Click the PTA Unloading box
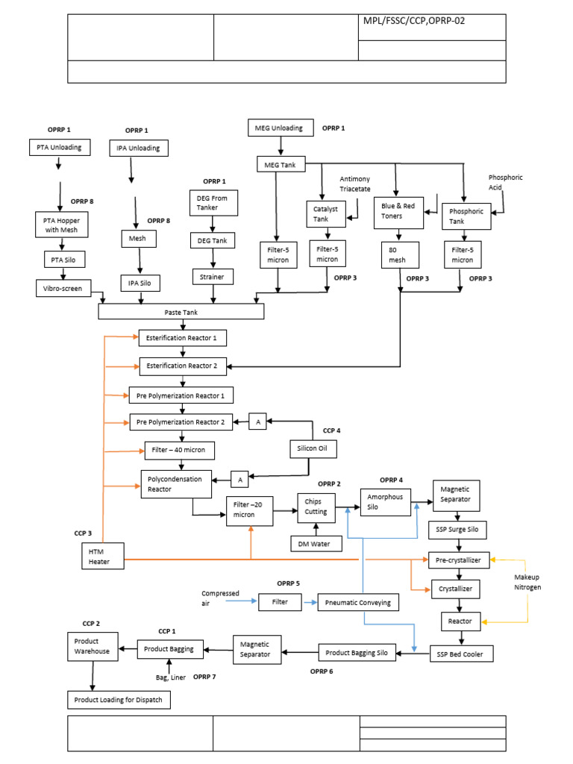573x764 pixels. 60,147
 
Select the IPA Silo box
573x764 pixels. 140,283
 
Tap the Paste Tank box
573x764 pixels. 181,312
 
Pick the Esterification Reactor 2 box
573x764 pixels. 183,366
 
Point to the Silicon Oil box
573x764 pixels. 313,449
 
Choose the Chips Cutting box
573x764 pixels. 316,507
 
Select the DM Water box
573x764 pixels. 316,543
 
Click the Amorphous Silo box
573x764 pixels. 385,502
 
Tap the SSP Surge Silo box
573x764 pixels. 457,530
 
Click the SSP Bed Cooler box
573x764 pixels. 461,654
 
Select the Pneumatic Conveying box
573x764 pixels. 359,602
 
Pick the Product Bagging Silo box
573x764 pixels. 357,652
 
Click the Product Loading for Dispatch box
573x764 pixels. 120,700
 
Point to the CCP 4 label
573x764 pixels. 331,430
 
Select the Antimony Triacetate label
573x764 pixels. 355,184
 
